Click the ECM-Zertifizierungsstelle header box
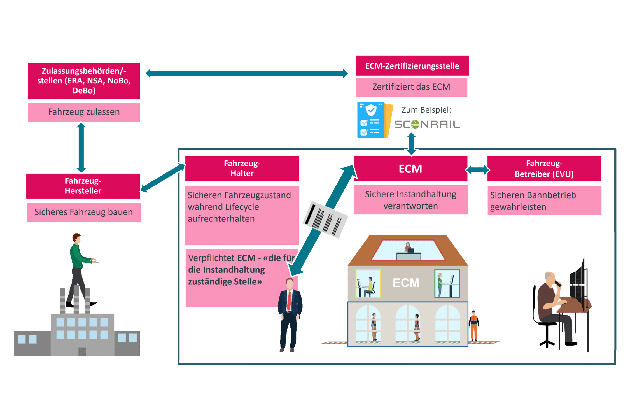(x=412, y=66)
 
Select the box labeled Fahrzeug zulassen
(x=84, y=112)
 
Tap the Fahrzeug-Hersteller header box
(x=83, y=186)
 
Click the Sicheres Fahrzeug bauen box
(x=83, y=212)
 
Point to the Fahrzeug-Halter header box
(x=242, y=168)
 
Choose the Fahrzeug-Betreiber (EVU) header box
(x=544, y=169)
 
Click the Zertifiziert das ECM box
(x=411, y=87)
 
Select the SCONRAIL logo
(x=427, y=124)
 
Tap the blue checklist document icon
(x=371, y=120)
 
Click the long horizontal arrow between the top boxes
(x=246, y=73)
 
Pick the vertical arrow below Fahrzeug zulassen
(x=81, y=148)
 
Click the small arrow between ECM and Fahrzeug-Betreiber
(x=477, y=170)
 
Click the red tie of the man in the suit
(x=289, y=301)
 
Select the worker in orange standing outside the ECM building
(x=473, y=326)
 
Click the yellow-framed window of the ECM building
(x=368, y=284)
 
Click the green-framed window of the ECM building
(x=447, y=284)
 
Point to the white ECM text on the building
(x=406, y=283)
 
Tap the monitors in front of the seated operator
(x=577, y=283)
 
